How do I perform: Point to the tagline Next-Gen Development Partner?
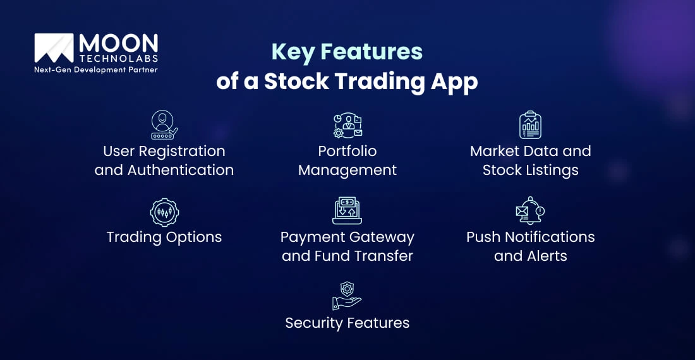pyautogui.click(x=95, y=70)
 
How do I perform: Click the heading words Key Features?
pyautogui.click(x=347, y=51)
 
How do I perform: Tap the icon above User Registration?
pyautogui.click(x=164, y=124)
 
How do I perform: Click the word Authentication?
pyautogui.click(x=181, y=170)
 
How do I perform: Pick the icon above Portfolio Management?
pyautogui.click(x=347, y=125)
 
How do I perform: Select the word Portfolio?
pyautogui.click(x=347, y=151)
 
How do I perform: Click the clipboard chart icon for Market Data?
pyautogui.click(x=531, y=125)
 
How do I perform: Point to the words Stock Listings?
pyautogui.click(x=531, y=170)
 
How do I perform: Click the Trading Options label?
pyautogui.click(x=164, y=237)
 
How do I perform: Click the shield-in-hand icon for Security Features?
pyautogui.click(x=347, y=295)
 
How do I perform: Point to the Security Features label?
pyautogui.click(x=347, y=323)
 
